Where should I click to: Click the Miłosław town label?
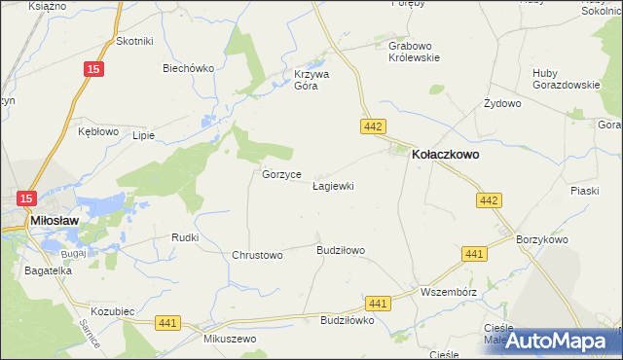point(55,221)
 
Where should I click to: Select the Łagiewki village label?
point(333,185)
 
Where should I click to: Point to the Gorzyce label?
point(280,174)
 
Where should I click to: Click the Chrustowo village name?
point(257,255)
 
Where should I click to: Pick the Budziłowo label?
point(341,250)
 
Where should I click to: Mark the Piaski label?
point(584,191)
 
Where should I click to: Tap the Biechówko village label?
point(188,68)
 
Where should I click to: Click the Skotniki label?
point(135,40)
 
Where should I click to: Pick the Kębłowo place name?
point(98,130)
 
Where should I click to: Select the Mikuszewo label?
point(230,339)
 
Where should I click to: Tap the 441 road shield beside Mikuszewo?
point(167,323)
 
